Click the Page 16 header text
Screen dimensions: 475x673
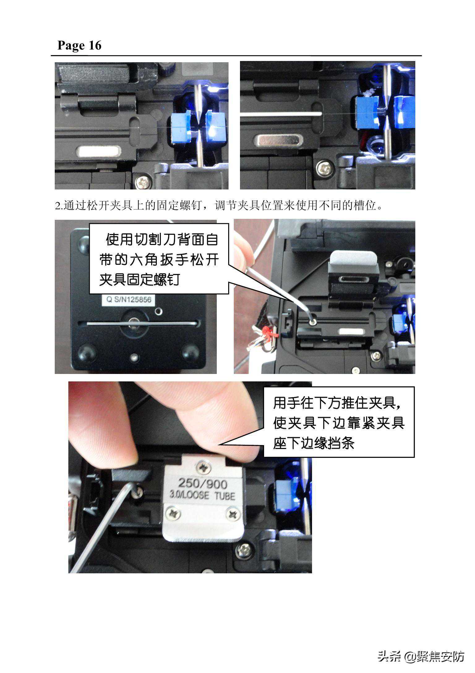[x=79, y=46]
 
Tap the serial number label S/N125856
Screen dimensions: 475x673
[x=129, y=300]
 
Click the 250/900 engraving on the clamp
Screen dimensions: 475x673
[x=203, y=483]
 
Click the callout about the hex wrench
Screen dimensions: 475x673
[x=159, y=258]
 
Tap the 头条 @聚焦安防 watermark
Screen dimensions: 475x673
[x=421, y=656]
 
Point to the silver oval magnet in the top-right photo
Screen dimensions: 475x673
[x=278, y=140]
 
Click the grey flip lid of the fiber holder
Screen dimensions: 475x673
[x=353, y=258]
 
